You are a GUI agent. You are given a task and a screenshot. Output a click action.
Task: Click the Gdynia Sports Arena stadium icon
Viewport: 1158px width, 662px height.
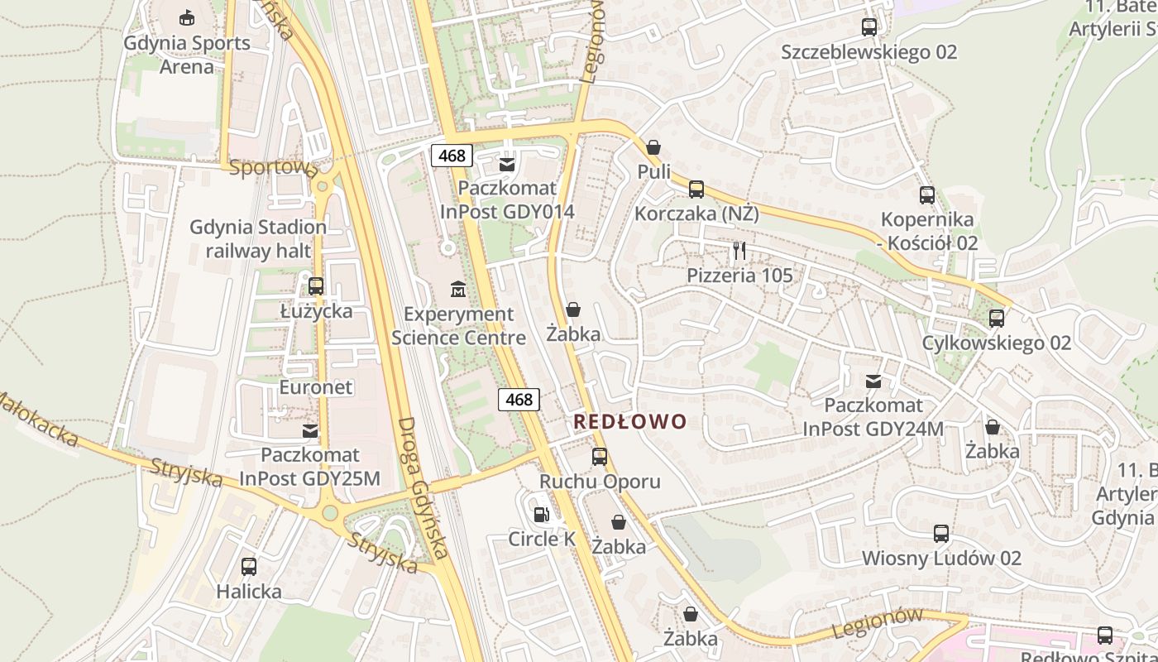click(187, 17)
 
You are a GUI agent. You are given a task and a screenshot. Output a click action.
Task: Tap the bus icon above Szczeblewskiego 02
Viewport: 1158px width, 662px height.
click(868, 27)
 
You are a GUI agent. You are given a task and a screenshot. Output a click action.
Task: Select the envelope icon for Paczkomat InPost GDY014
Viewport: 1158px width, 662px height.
click(507, 165)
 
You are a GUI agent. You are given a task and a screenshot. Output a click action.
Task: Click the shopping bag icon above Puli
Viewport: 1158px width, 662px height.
click(653, 147)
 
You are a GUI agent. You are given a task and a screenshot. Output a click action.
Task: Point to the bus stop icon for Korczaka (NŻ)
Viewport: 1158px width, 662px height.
click(696, 189)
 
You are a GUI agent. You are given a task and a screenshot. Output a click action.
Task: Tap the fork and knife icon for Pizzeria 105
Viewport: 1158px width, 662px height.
click(739, 251)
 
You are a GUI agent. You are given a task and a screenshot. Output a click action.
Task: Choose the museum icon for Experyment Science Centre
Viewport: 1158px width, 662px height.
click(458, 290)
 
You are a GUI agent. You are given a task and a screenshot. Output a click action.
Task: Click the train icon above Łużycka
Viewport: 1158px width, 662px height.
click(316, 286)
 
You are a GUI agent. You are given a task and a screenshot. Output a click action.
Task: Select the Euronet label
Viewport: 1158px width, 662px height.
click(316, 387)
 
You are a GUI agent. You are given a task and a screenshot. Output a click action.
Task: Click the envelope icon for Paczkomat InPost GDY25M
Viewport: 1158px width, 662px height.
click(310, 431)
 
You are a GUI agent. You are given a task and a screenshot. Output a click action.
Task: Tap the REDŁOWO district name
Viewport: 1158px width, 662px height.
click(630, 422)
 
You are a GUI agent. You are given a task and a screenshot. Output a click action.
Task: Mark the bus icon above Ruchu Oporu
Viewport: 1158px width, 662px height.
click(600, 457)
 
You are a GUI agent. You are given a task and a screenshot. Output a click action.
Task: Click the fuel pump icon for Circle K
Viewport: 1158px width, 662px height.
click(541, 515)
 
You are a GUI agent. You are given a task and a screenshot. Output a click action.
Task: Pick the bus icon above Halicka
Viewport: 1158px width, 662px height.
click(249, 567)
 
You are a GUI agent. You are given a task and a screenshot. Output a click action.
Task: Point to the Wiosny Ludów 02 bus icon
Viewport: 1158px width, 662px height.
click(941, 534)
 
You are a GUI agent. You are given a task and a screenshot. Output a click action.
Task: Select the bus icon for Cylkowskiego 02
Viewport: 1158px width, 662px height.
click(997, 319)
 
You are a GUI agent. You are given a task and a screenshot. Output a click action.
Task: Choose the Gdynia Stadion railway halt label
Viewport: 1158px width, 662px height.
click(258, 238)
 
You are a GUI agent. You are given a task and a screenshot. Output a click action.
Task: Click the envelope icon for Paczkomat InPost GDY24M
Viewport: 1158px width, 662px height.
click(873, 381)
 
